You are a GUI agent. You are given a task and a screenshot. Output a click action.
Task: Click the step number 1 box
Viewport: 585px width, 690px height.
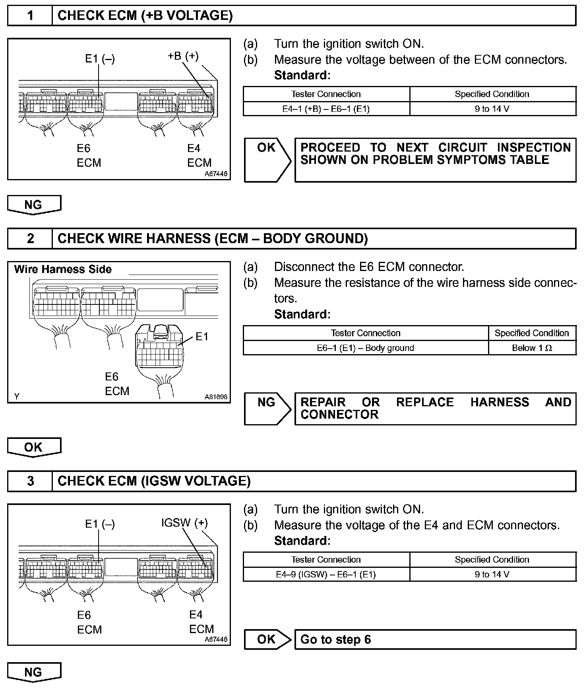(x=30, y=16)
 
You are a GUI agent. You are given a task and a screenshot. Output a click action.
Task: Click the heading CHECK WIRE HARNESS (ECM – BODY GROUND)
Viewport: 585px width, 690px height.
(x=213, y=238)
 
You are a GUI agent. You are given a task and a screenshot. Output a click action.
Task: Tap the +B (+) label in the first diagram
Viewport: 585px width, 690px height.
(x=183, y=56)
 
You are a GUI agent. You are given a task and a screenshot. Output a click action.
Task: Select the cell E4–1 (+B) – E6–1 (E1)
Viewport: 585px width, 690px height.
(x=326, y=109)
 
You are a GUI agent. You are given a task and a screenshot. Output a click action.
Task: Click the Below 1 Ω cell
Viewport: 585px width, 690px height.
(x=532, y=348)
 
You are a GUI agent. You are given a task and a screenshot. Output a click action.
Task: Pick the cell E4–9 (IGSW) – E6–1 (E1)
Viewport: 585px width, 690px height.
(x=326, y=574)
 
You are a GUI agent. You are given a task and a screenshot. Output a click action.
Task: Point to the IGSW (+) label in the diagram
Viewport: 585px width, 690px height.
(x=184, y=522)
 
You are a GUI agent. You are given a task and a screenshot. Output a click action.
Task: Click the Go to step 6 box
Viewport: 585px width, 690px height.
(x=435, y=639)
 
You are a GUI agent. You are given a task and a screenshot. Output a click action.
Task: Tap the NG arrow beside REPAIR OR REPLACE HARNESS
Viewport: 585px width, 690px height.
(x=267, y=409)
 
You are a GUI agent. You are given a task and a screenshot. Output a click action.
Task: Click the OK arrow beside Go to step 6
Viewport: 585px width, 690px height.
(x=267, y=639)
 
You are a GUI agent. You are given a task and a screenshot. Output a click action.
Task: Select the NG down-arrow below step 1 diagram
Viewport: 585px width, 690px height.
(x=34, y=205)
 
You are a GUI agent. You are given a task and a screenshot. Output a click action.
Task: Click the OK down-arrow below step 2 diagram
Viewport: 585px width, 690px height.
(x=34, y=447)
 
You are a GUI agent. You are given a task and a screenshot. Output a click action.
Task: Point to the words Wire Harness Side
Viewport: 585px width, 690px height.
(x=63, y=269)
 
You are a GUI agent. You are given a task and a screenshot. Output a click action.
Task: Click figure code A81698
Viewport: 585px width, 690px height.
(x=216, y=397)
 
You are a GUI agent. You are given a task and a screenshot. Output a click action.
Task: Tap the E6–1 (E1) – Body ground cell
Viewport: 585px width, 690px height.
(x=365, y=348)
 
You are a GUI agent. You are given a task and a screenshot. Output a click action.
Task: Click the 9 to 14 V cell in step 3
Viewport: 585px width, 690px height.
(x=492, y=574)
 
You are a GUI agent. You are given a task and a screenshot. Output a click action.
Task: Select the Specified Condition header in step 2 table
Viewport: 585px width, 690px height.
(x=532, y=333)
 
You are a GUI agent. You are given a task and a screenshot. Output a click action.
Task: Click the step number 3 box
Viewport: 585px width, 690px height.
(x=30, y=481)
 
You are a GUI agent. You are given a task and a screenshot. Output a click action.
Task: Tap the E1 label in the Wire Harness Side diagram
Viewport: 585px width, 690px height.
(x=202, y=337)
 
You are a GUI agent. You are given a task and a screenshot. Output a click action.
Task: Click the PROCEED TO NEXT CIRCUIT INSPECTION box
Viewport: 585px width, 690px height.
(x=435, y=160)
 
